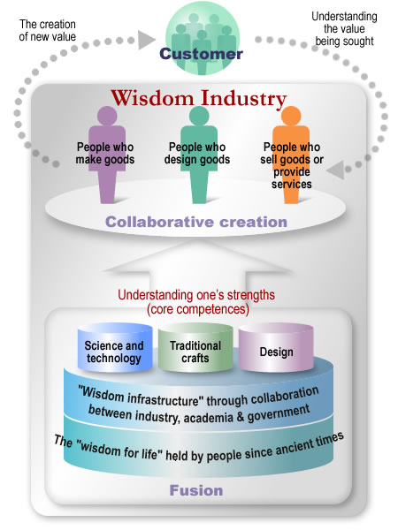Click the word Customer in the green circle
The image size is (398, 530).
pos(201,53)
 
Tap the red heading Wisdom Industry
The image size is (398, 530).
pos(199,98)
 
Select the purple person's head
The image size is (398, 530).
pos(107,116)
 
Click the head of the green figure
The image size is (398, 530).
pos(199,116)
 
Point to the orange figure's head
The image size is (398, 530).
pos(291,116)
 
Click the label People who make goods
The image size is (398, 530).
pos(105,153)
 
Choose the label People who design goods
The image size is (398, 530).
pos(197,153)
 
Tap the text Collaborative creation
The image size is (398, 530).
pos(196,222)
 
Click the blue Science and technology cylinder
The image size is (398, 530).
pos(115,347)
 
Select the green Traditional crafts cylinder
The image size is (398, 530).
pos(195,347)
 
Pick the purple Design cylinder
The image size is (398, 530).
pos(276,347)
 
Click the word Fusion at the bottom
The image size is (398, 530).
pos(196,490)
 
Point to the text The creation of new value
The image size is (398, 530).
pos(48,30)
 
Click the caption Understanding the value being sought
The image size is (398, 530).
pos(344,29)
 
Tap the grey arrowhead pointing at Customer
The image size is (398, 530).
pos(147,40)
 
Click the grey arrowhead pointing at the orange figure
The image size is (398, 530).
pos(336,170)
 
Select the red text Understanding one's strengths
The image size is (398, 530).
pos(196,295)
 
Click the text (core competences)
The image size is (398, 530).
pos(198,309)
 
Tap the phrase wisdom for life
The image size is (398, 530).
pos(117,450)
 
